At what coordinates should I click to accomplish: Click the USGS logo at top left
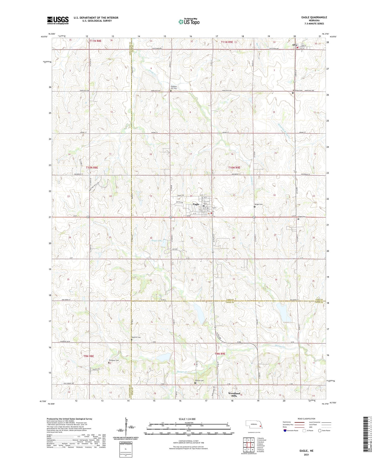tap(58, 20)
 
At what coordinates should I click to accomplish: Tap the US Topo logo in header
tap(189, 22)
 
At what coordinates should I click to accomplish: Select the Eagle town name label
tap(196, 204)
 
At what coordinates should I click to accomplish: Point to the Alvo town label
tap(295, 45)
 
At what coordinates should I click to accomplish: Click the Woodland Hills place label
tap(234, 394)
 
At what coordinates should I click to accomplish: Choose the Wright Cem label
tap(258, 204)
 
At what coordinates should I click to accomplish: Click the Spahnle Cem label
tap(136, 337)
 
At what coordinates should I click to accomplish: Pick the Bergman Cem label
tap(114, 360)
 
